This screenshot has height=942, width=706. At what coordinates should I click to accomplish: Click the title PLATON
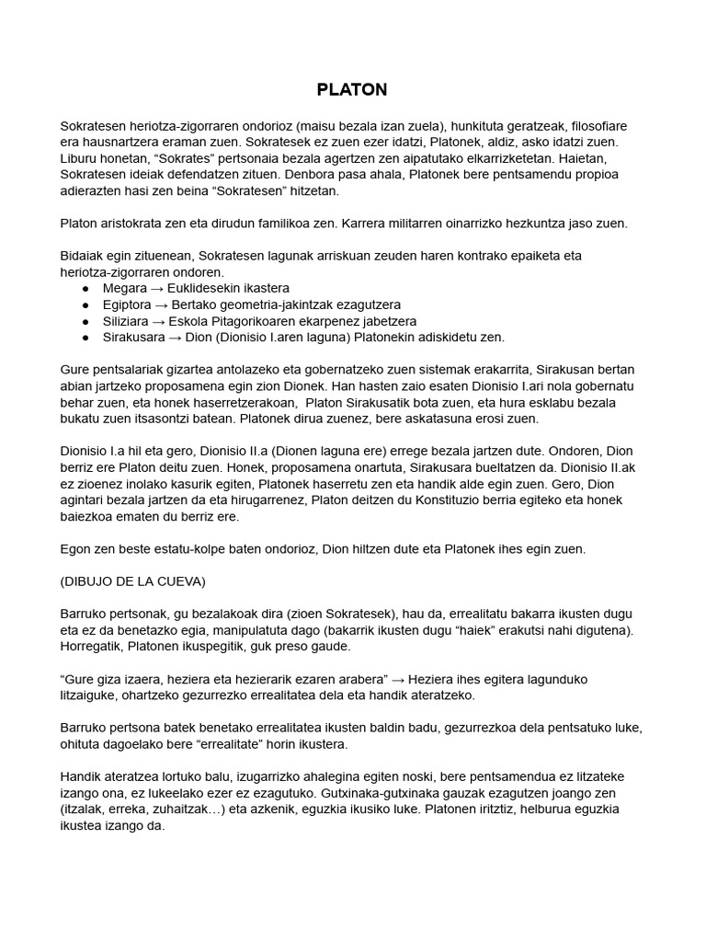tap(352, 89)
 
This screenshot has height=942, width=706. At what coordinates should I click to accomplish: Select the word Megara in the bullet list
tap(124, 288)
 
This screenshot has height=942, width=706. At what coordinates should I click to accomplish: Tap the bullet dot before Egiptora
tap(85, 304)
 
